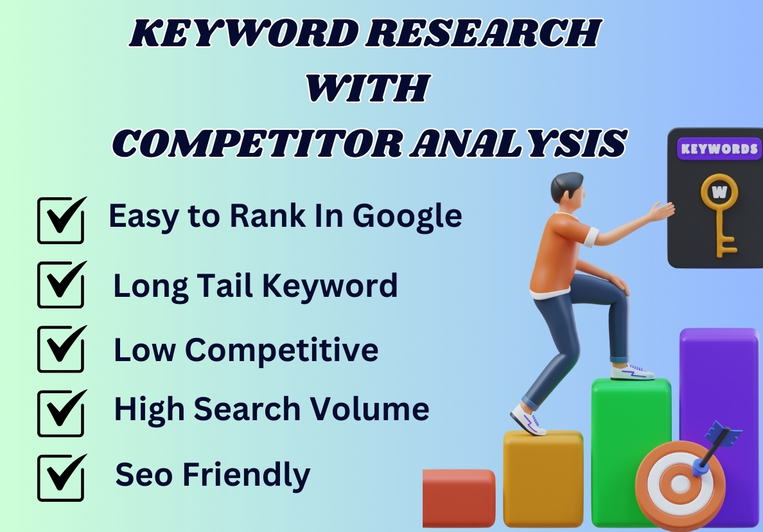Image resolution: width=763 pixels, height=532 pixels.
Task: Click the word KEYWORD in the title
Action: (244, 33)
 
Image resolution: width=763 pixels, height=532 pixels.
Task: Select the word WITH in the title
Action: (368, 88)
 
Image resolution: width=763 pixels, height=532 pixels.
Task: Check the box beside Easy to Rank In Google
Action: (61, 220)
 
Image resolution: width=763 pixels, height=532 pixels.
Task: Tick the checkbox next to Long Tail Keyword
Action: (61, 284)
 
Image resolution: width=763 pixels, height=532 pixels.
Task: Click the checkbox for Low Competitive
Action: (61, 349)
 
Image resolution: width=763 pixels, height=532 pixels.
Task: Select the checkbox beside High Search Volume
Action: (61, 413)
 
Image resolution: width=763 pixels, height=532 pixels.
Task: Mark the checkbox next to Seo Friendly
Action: (61, 477)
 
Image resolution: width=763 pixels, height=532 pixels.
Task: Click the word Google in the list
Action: (407, 217)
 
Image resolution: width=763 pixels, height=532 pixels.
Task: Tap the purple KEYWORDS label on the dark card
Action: (719, 149)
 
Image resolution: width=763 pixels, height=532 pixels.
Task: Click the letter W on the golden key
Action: (719, 192)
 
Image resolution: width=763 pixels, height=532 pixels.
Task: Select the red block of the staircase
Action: (459, 498)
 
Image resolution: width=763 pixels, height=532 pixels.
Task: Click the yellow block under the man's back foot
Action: (543, 479)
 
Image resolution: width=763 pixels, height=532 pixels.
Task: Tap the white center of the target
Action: (680, 484)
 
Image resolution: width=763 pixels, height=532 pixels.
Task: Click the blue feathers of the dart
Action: (723, 434)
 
